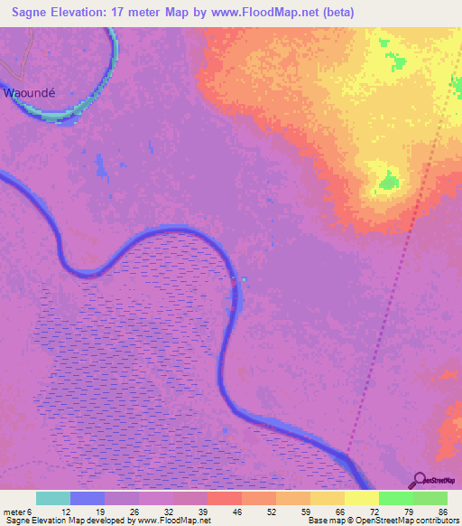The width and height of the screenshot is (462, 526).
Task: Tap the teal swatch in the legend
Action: click(53, 498)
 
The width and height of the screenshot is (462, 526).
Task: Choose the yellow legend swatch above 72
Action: click(362, 498)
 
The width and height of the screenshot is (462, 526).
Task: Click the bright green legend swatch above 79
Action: click(396, 498)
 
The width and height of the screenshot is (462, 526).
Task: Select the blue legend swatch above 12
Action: click(88, 498)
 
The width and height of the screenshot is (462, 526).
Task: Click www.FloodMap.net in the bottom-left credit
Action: click(167, 521)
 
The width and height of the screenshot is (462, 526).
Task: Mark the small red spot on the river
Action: click(237, 281)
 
